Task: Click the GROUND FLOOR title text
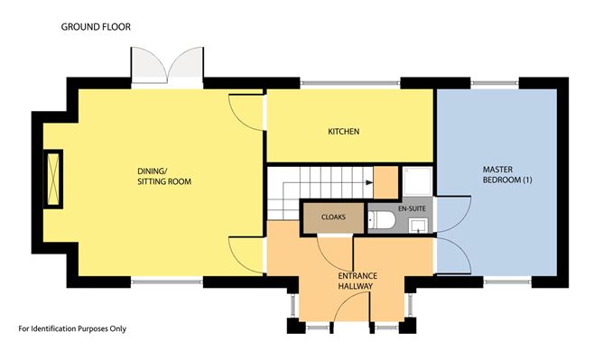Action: click(96, 27)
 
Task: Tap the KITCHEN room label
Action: click(344, 132)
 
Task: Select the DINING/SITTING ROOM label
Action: click(164, 176)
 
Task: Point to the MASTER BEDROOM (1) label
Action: click(507, 174)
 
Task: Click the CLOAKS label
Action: click(333, 217)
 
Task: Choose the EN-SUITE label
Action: click(412, 208)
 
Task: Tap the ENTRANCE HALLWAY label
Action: click(357, 281)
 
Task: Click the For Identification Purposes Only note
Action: click(72, 329)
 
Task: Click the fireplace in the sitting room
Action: click(53, 179)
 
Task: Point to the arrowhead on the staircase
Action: click(369, 182)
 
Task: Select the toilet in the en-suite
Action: click(382, 220)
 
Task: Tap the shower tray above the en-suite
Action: click(418, 180)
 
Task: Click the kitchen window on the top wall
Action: click(350, 83)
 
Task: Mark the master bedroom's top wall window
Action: click(495, 83)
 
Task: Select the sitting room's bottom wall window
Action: click(167, 282)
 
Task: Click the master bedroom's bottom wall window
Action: click(507, 282)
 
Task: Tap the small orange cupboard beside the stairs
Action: click(385, 182)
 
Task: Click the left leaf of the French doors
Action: click(149, 64)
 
